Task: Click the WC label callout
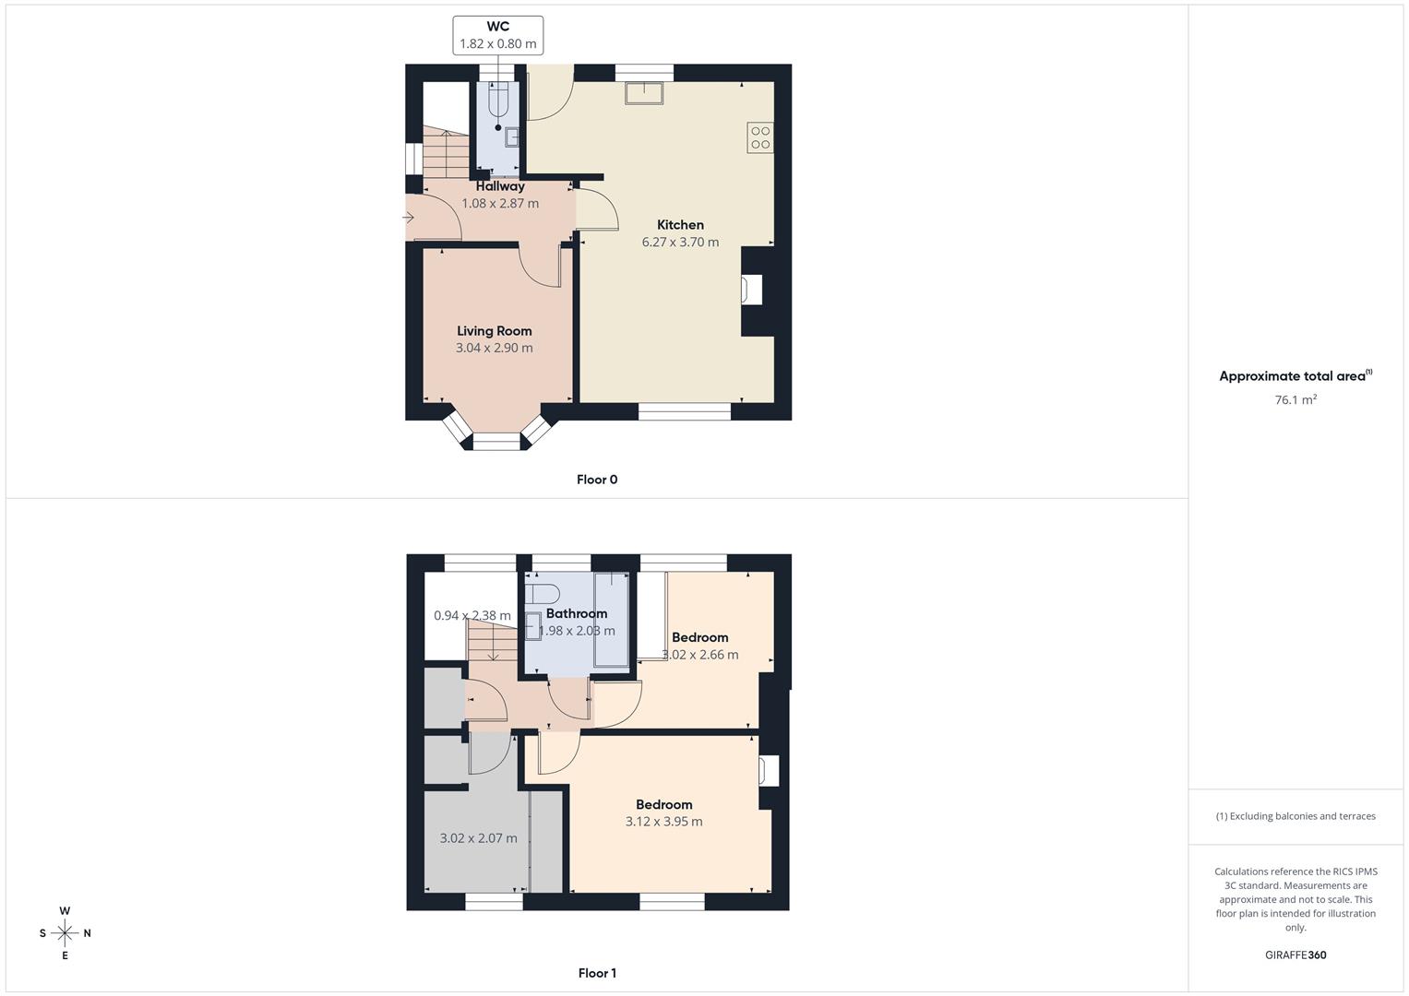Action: point(497,35)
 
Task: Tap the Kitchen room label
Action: point(680,225)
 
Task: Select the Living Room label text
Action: point(495,331)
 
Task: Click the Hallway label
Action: point(500,186)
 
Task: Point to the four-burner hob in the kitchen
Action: point(760,137)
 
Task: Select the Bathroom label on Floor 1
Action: point(577,613)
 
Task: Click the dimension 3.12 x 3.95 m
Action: point(663,822)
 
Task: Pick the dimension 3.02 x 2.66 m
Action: point(700,655)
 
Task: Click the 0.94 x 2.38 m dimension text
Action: point(472,615)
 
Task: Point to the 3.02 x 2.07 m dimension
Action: point(478,838)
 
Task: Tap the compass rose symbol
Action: point(65,933)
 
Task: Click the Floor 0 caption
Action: point(597,480)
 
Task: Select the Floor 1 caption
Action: point(597,973)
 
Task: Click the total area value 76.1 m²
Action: point(1296,400)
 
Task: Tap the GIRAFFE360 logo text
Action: point(1296,955)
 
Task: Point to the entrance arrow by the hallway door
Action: point(409,218)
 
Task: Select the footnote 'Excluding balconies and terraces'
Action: point(1296,816)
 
